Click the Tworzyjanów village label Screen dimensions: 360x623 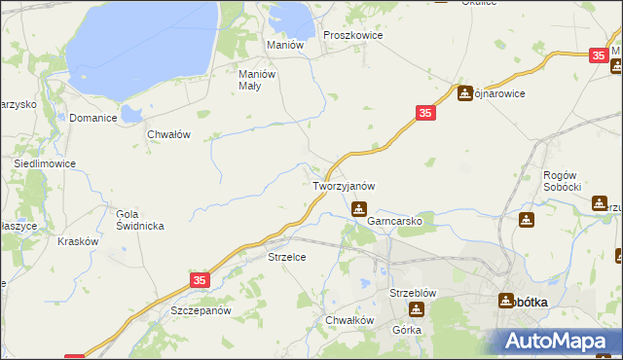[344, 185]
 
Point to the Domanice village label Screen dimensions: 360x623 [93, 118]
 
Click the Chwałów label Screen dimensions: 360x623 [167, 135]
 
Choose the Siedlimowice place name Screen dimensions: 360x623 [44, 164]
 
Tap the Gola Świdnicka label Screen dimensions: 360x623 [140, 220]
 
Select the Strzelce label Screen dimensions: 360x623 [287, 257]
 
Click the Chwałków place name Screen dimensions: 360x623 [350, 320]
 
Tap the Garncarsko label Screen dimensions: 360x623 [394, 221]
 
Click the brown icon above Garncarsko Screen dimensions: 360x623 [359, 207]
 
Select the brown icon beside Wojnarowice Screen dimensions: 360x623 [465, 93]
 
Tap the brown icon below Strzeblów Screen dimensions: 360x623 [417, 309]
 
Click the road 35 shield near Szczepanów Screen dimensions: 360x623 [199, 279]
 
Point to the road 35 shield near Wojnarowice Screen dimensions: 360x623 [424, 114]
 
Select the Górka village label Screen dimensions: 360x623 [406, 330]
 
